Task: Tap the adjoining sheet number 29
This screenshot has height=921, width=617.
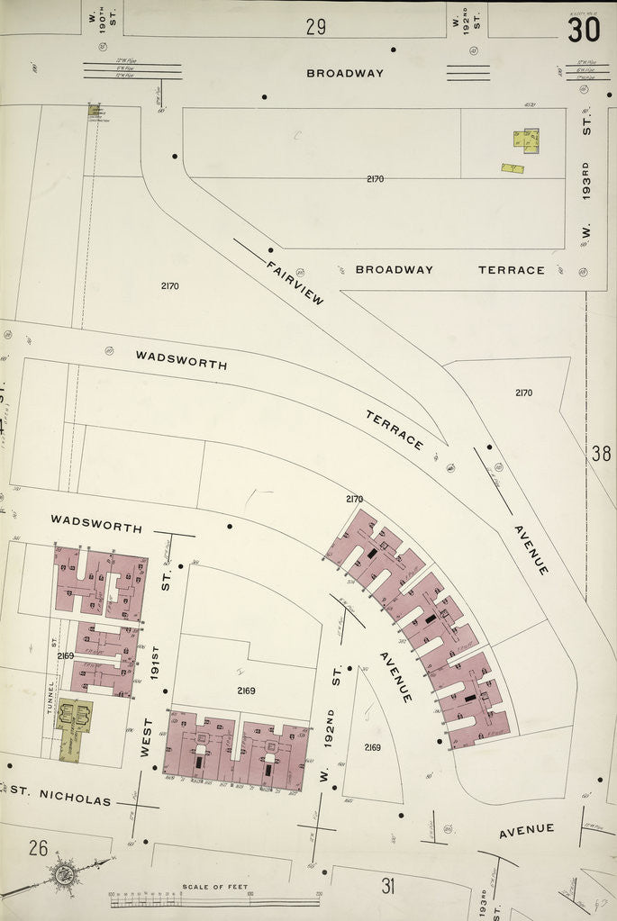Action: point(315,26)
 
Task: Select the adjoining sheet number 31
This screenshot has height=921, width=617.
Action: point(388,886)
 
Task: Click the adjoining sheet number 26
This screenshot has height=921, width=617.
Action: point(38,847)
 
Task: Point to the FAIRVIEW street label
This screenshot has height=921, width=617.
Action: point(294,282)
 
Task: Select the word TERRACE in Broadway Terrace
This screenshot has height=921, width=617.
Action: point(511,269)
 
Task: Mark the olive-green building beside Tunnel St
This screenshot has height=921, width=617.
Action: point(70,725)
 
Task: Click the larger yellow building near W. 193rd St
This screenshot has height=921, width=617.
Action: point(526,140)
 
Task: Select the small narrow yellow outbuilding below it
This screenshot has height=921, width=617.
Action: point(513,167)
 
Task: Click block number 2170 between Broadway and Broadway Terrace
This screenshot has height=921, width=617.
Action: point(375,178)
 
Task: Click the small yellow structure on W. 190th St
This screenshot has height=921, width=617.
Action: point(94,110)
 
